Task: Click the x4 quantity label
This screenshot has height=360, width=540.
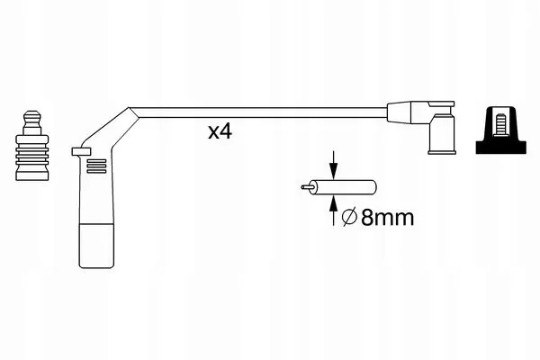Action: click(x=220, y=131)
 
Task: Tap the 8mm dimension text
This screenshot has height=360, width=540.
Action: click(x=387, y=218)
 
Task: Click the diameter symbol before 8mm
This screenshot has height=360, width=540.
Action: click(x=349, y=218)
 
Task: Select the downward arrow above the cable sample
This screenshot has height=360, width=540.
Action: click(x=333, y=165)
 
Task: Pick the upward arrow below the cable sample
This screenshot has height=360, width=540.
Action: click(x=333, y=211)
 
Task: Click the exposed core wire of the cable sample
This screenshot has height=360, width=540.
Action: click(x=306, y=187)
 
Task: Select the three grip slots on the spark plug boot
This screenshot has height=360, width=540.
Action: click(x=96, y=166)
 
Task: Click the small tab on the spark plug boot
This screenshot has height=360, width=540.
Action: click(x=81, y=151)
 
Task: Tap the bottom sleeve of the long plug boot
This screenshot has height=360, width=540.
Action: click(x=96, y=246)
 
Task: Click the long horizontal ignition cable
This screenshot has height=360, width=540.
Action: click(x=262, y=112)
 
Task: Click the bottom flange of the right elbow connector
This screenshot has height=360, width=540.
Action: click(x=442, y=151)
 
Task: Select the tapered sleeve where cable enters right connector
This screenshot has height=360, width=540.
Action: click(x=399, y=112)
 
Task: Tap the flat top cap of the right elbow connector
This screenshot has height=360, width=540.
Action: click(x=441, y=103)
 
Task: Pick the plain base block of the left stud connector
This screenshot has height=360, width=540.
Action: click(x=32, y=174)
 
